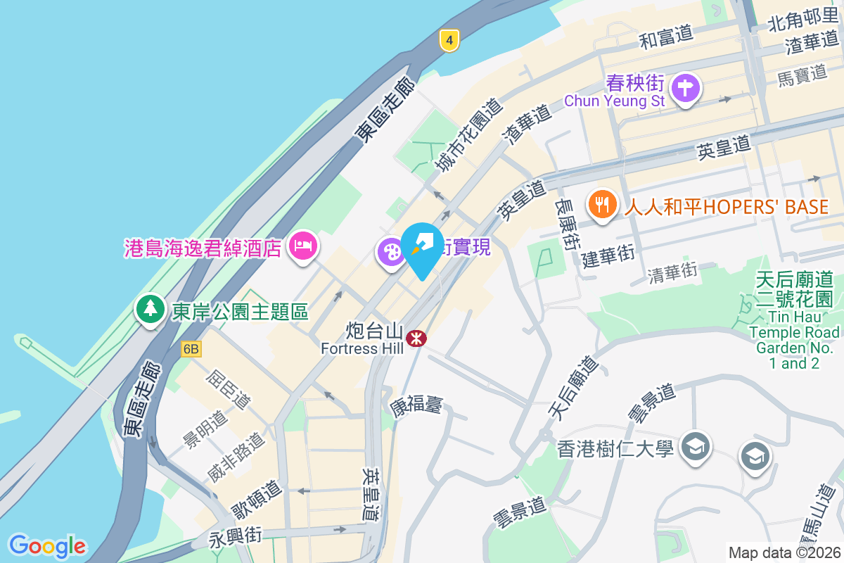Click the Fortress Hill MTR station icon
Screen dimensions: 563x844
click(416, 339)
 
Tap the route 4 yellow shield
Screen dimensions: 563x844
click(448, 40)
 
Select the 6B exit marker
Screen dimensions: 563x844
click(191, 349)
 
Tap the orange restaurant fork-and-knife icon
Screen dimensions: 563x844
click(601, 205)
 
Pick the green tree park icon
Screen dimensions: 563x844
click(149, 309)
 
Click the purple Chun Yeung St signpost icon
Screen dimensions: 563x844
click(685, 89)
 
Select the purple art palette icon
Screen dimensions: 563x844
click(391, 252)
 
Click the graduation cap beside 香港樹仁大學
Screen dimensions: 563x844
click(696, 446)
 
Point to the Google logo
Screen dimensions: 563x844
click(47, 545)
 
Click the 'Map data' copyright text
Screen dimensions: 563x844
click(784, 552)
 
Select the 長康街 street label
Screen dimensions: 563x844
click(567, 222)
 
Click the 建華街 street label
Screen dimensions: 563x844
click(608, 255)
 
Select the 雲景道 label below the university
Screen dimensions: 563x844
click(519, 514)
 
